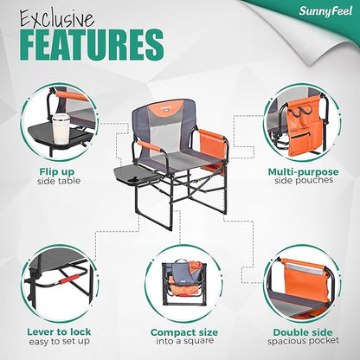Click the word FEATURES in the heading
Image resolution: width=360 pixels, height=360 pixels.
tap(89, 43)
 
